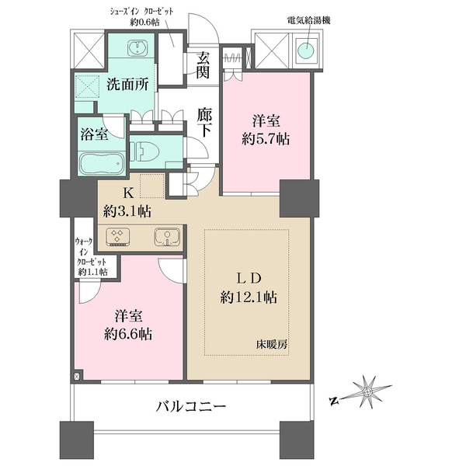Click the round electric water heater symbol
coord(305,51)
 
